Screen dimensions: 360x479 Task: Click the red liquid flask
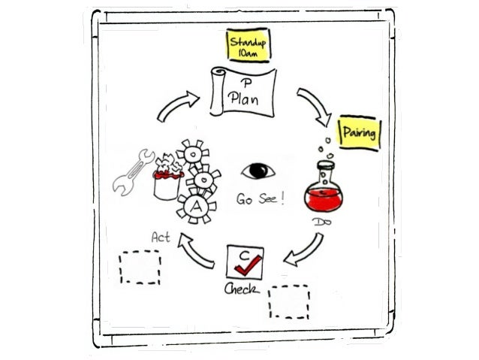click(x=324, y=189)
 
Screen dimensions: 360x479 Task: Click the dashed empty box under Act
click(x=141, y=266)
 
